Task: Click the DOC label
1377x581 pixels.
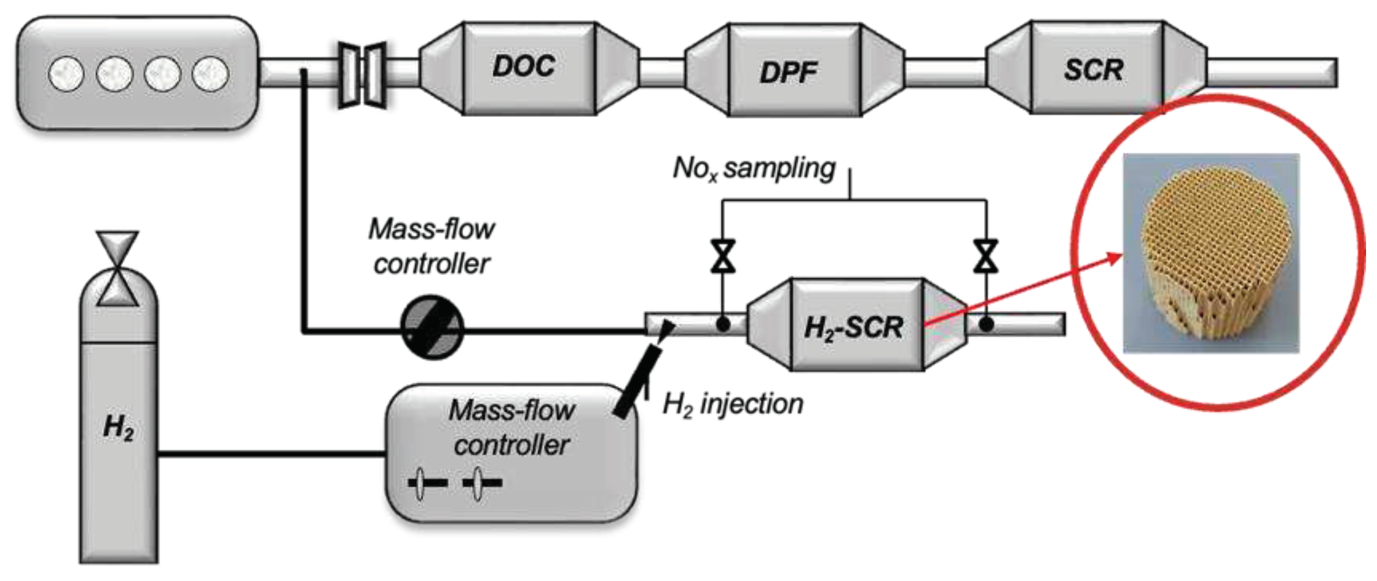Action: click(523, 66)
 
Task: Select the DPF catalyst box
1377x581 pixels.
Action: click(794, 70)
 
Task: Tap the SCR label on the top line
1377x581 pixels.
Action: click(1093, 70)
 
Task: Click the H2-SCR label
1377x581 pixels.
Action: click(853, 328)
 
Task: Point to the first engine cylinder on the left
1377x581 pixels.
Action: click(66, 74)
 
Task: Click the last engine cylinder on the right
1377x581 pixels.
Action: click(210, 74)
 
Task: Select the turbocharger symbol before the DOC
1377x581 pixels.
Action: click(362, 75)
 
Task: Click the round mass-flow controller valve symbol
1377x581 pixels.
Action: click(432, 327)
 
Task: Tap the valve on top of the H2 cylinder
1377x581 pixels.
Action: click(118, 268)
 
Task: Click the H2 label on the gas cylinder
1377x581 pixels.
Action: click(118, 427)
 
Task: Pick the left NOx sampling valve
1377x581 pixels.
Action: click(722, 256)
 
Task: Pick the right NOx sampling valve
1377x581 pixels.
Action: click(986, 256)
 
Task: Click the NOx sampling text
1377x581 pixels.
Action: click(754, 169)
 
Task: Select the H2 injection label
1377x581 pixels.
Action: click(733, 404)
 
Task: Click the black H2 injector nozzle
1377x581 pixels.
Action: click(637, 380)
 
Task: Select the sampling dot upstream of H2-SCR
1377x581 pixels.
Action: click(722, 325)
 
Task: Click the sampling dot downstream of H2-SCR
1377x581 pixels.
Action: click(986, 325)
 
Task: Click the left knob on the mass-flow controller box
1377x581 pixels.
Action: click(422, 483)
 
